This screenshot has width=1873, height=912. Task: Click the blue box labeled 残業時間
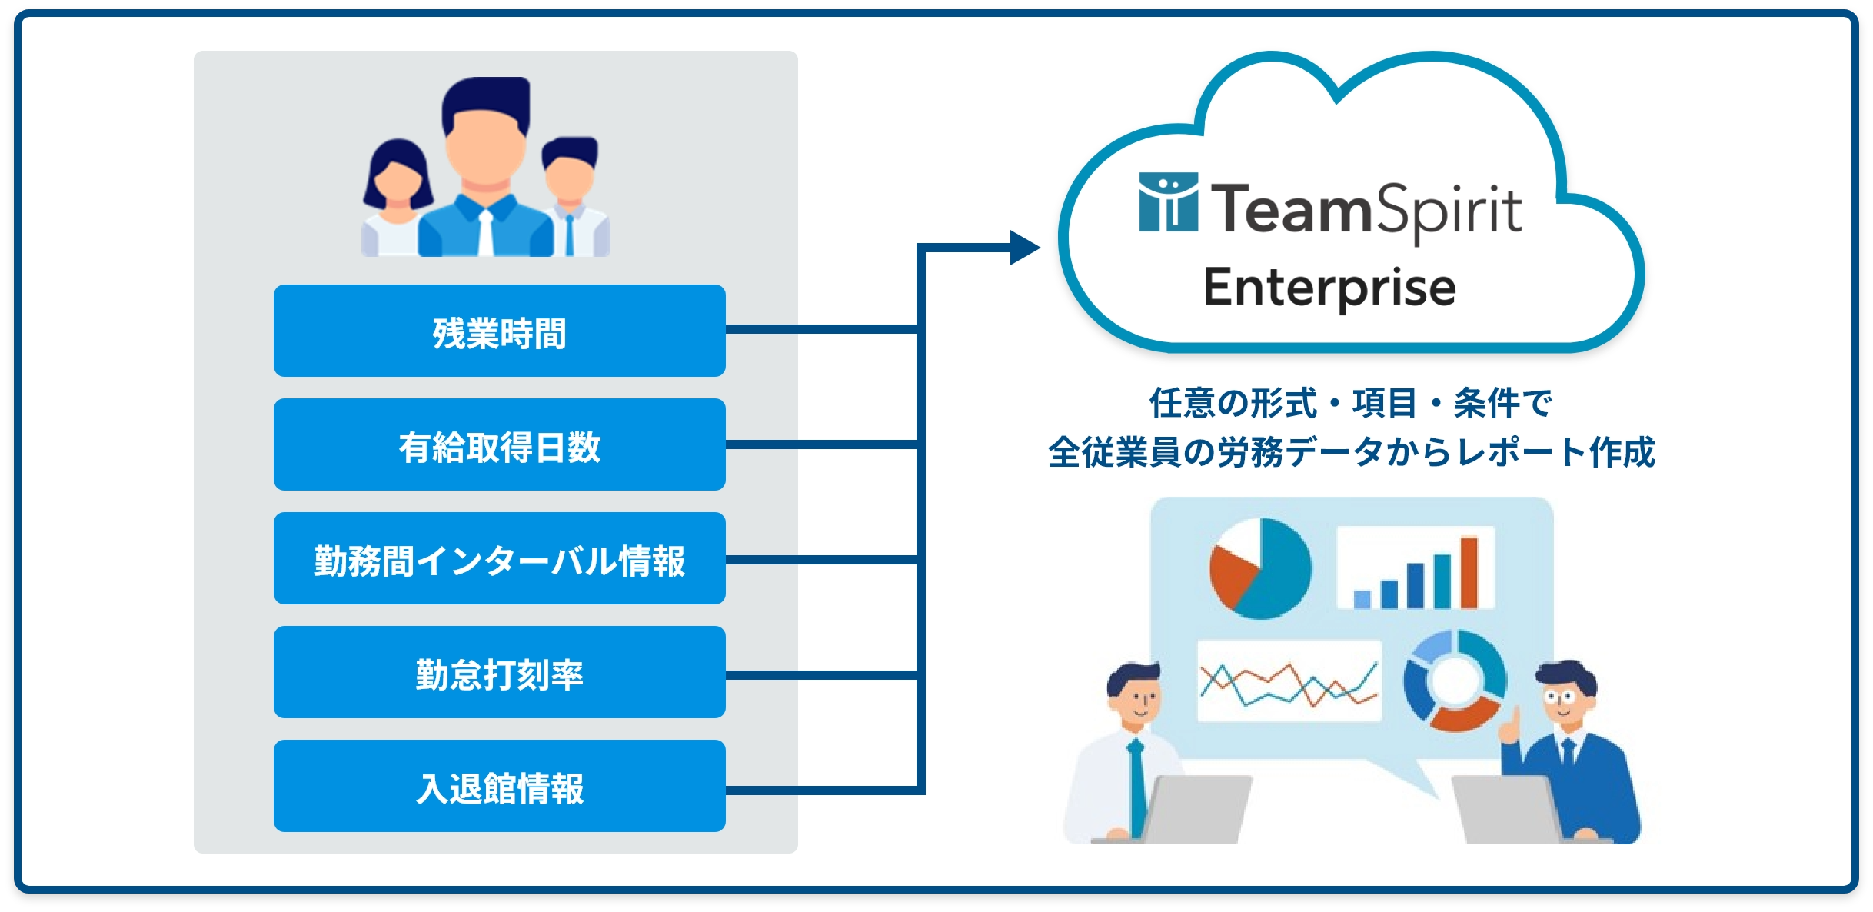click(499, 331)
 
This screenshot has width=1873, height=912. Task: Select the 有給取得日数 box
click(499, 444)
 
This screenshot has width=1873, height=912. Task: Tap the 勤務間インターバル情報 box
click(499, 558)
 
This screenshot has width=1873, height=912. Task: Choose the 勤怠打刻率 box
click(499, 672)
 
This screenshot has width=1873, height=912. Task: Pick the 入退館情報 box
click(499, 786)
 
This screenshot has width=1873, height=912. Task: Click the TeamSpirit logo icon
click(1168, 201)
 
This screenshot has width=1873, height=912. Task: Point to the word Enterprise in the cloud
click(1329, 288)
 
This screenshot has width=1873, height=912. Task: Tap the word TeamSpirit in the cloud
click(1366, 209)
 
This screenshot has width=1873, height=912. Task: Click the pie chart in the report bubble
click(1260, 568)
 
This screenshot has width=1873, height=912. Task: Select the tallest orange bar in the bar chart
click(1469, 572)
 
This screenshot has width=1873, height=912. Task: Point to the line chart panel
click(1289, 681)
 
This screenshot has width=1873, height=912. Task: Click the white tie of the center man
click(486, 233)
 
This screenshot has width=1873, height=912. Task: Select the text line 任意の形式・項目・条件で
click(1350, 403)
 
